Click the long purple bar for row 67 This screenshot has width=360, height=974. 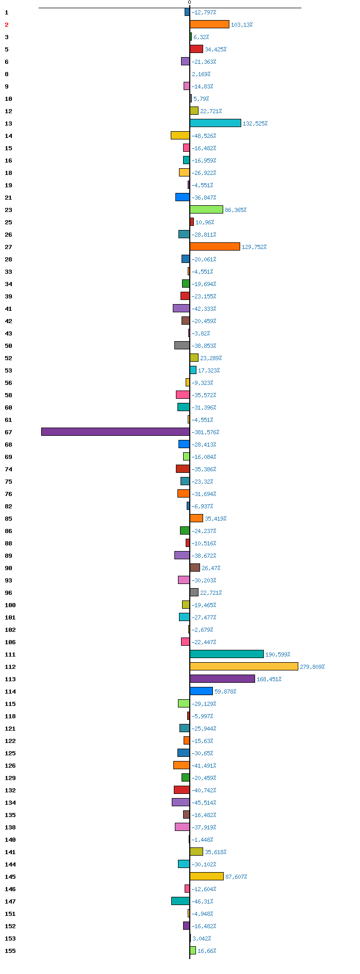pos(115,432)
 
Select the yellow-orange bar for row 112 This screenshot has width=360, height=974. pos(244,666)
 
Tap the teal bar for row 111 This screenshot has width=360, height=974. pos(227,654)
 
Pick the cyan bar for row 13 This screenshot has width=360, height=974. pos(215,123)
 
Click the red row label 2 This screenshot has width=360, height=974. pos(7,25)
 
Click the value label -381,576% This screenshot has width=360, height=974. pos(205,432)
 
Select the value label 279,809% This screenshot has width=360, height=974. pos(312,667)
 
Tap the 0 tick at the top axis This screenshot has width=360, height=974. pos(189,3)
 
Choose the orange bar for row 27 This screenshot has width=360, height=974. pos(215,246)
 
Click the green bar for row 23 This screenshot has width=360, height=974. pos(206,209)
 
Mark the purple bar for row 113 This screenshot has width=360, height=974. pos(222,679)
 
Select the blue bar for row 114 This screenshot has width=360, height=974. pos(201,691)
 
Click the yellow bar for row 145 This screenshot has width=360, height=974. pos(207,876)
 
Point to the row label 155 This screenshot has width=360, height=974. pos(10,951)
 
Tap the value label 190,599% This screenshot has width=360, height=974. pos(278,654)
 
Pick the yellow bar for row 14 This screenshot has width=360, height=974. pos(180,135)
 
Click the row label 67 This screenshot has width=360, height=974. pos(8,432)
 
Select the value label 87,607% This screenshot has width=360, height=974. pos(236,877)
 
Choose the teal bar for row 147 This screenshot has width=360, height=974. pos(181,901)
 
